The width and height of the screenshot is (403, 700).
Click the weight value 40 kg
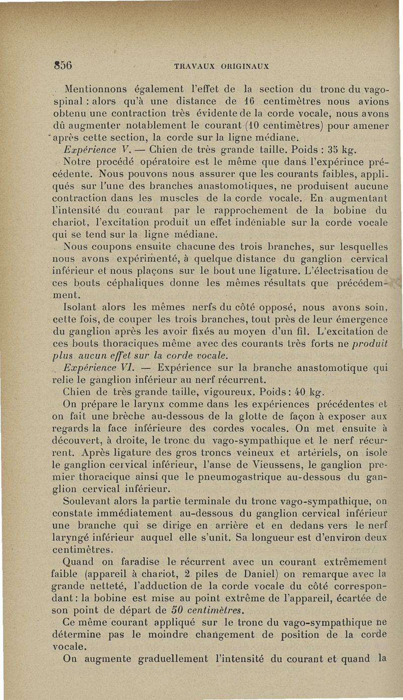(313, 394)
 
